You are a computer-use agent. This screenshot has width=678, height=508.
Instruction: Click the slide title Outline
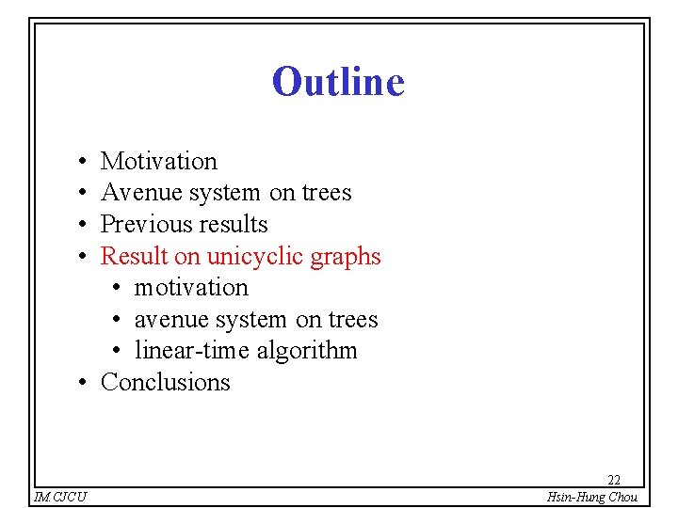338,82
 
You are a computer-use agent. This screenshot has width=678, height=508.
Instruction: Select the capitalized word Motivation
158,162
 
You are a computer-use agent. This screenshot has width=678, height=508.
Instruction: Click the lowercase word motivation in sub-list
191,288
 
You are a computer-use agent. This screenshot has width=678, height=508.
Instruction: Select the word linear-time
191,351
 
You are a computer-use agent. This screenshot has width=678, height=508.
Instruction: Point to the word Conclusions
165,382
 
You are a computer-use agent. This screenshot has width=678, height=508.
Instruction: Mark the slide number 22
613,480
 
